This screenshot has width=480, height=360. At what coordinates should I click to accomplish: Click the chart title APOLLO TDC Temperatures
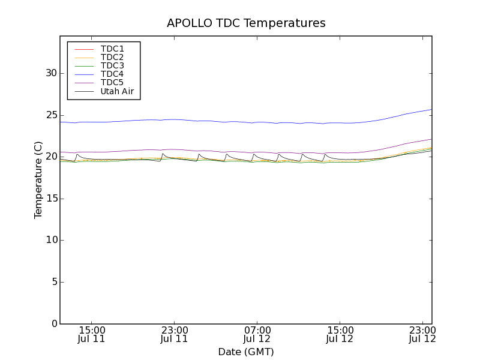[246, 23]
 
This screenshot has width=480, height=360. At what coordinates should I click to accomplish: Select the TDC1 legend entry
[112, 49]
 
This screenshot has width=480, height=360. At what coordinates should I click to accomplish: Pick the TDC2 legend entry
[112, 57]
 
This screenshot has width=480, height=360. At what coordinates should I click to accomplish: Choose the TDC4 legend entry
[112, 74]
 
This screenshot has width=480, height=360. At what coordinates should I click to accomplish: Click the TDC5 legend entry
[112, 83]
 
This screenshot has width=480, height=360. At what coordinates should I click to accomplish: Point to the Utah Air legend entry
[117, 91]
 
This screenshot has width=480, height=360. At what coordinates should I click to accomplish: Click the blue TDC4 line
[240, 122]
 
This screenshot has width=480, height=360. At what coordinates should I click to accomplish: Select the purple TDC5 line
[240, 152]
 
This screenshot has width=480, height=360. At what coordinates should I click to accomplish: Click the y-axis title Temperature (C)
[38, 180]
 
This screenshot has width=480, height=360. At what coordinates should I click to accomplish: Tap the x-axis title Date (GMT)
[246, 352]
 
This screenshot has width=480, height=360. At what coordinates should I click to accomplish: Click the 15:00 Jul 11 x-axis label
[92, 334]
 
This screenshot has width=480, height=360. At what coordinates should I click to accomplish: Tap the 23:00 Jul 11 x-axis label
[175, 334]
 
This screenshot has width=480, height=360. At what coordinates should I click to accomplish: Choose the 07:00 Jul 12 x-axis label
[257, 334]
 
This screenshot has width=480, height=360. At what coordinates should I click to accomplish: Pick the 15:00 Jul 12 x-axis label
[340, 334]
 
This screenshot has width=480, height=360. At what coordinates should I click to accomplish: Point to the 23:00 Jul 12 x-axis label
[422, 334]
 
